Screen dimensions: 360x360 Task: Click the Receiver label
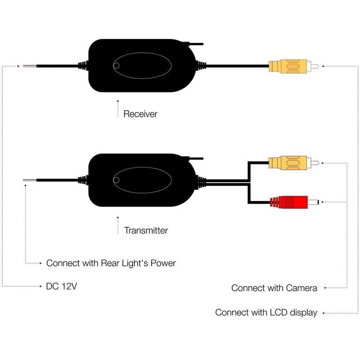click(x=140, y=114)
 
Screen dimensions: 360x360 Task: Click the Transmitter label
click(x=146, y=230)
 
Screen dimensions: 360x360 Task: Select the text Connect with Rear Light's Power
click(x=111, y=263)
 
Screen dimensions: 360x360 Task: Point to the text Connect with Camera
click(x=274, y=288)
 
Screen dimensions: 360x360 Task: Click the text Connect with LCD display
click(x=266, y=312)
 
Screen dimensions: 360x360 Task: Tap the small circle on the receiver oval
click(x=116, y=67)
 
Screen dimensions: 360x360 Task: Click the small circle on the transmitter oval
click(x=116, y=180)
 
